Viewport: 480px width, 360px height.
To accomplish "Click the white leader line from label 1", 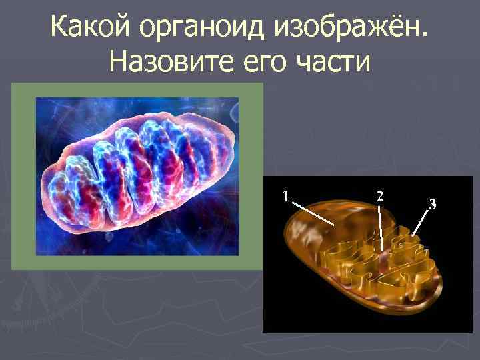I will (x=313, y=213).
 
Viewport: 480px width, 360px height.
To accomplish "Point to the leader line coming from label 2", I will (x=381, y=227).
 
